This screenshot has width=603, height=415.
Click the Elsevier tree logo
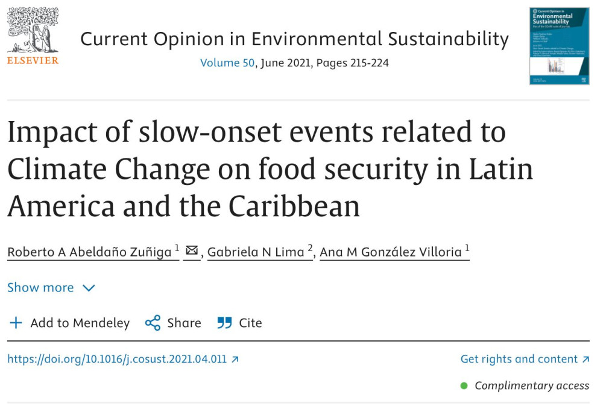click(33, 31)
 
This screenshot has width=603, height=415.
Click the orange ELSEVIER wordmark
click(33, 60)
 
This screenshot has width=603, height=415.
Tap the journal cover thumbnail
click(558, 46)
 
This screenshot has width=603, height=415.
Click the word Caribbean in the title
click(294, 207)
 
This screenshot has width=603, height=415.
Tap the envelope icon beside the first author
click(192, 251)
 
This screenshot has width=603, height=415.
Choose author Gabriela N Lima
click(256, 252)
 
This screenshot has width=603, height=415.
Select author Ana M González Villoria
click(390, 252)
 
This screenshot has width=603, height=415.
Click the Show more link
click(40, 288)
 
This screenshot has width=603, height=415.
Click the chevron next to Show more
click(89, 288)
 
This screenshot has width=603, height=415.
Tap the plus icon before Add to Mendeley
click(16, 323)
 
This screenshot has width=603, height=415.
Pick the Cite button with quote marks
click(240, 323)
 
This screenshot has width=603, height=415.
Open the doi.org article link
click(117, 359)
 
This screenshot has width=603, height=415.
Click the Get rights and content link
click(519, 359)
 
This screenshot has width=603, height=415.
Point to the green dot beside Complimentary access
click(464, 385)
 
